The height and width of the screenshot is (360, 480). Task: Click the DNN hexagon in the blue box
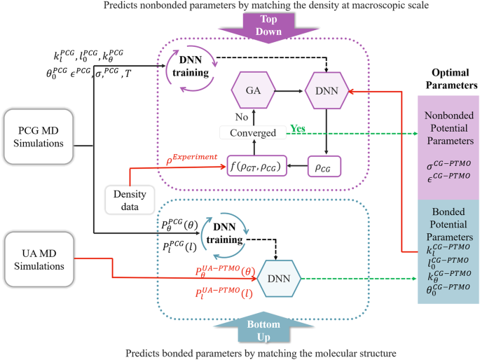(280, 279)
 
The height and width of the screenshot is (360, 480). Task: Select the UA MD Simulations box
(42, 256)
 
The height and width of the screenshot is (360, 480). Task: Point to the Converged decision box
(253, 132)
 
